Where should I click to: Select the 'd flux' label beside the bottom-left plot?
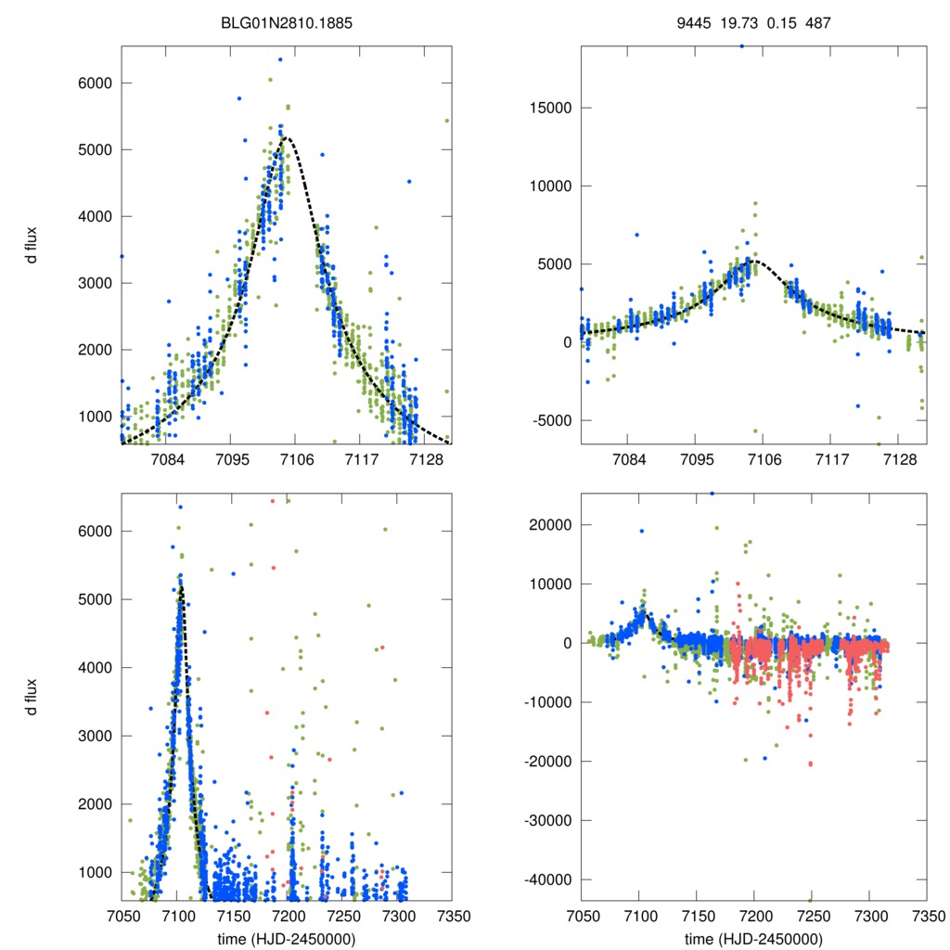tap(32, 696)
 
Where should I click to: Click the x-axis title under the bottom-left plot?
tap(288, 938)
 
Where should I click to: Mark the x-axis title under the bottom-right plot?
tap(753, 938)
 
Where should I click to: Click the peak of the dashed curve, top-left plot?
tap(289, 138)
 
